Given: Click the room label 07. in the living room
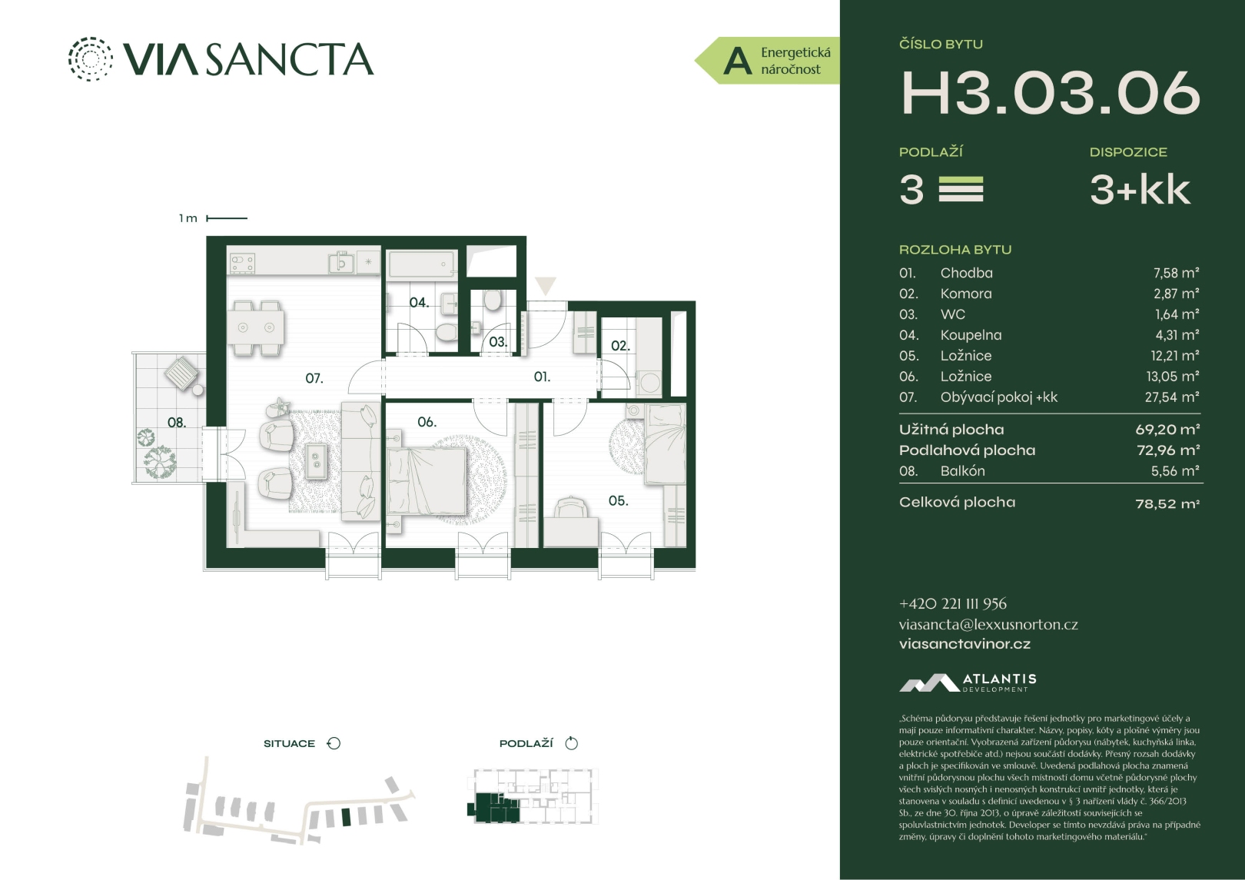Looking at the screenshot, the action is click(x=314, y=379).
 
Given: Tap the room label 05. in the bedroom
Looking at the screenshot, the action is click(x=618, y=501).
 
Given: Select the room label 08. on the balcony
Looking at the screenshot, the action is click(x=177, y=423).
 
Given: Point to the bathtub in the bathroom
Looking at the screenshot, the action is click(x=422, y=264).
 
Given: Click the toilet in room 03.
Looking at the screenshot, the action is click(x=492, y=301).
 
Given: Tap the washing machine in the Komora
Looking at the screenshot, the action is click(x=649, y=383).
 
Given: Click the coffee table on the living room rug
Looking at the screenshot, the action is click(x=317, y=460).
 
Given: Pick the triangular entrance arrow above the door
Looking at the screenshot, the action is click(x=545, y=286).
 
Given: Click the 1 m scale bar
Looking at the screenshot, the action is click(x=227, y=218).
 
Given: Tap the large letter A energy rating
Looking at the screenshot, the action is click(x=738, y=61).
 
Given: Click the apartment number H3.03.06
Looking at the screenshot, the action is click(x=1050, y=94).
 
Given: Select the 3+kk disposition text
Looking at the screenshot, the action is click(x=1140, y=190).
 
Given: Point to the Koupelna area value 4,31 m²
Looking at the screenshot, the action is click(x=1177, y=335).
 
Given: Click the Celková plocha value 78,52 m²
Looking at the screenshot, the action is click(x=1167, y=503).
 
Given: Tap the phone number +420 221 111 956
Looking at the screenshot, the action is click(x=953, y=604).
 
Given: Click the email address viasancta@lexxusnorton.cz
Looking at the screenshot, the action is click(x=988, y=625).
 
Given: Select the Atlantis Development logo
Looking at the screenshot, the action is click(x=968, y=683).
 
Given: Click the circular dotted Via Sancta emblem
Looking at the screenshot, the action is click(x=90, y=59).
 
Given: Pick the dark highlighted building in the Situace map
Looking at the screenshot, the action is click(x=347, y=817).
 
